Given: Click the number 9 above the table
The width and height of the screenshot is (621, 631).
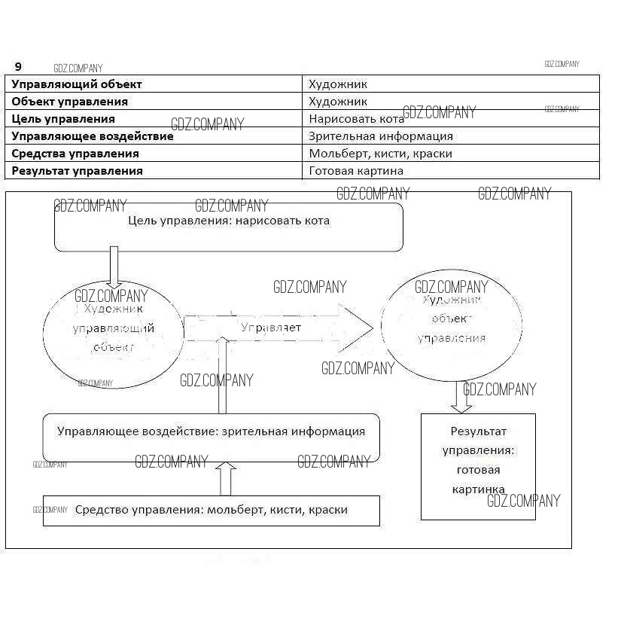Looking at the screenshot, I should tap(18, 67).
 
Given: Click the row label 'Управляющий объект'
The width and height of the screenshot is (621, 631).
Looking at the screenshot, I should tap(76, 84).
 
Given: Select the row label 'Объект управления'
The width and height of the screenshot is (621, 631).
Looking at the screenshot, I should tap(70, 102).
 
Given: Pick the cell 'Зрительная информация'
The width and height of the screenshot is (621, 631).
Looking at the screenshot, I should tap(381, 136).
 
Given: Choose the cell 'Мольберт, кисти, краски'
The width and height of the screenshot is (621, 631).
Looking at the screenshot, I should tap(380, 154).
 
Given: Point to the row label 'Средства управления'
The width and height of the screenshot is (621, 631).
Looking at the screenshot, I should tap(75, 154).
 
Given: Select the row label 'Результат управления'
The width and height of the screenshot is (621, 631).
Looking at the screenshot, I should tap(78, 171).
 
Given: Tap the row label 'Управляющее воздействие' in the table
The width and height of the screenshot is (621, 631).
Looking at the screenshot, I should tap(93, 136).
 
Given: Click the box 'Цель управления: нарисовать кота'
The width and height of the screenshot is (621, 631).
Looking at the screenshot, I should tap(228, 227).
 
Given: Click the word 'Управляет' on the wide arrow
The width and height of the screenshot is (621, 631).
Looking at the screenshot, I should tap(271, 328).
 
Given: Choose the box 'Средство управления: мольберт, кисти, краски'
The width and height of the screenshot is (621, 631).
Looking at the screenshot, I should tap(211, 511).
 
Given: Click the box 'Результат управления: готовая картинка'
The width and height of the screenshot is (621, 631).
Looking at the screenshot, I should tap(478, 466).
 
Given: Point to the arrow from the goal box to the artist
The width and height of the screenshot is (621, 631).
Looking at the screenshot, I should tap(114, 267).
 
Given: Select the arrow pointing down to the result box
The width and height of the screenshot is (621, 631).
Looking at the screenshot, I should tap(461, 397).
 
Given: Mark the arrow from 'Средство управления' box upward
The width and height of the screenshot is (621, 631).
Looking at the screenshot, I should tap(227, 478).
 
